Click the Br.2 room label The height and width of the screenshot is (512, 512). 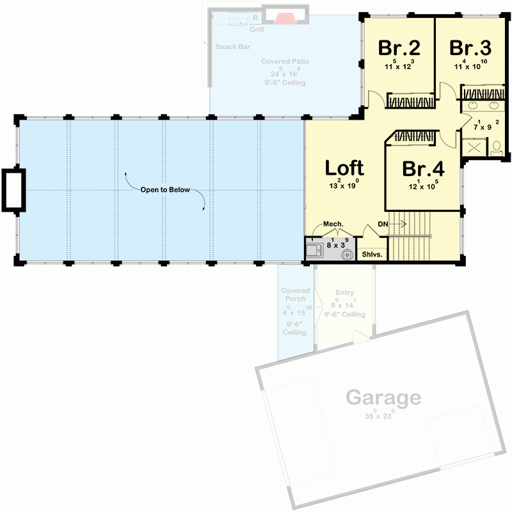click(x=399, y=48)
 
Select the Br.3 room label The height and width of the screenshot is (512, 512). click(x=470, y=48)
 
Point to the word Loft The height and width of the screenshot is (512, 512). click(x=344, y=168)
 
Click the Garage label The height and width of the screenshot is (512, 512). click(x=383, y=398)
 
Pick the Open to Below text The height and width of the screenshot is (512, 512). click(x=166, y=191)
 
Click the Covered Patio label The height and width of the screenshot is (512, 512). click(x=285, y=62)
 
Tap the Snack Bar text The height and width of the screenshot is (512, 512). click(x=232, y=47)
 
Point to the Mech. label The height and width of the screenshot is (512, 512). click(x=333, y=224)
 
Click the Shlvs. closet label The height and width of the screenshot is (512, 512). click(x=372, y=255)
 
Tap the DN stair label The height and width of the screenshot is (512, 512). click(x=383, y=224)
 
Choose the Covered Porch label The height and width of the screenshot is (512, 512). click(x=295, y=294)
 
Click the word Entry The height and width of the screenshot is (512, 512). click(x=344, y=292)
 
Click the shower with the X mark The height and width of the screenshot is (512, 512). click(x=475, y=148)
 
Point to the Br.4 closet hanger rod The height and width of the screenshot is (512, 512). click(x=415, y=136)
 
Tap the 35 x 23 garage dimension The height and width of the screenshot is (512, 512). click(x=379, y=416)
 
